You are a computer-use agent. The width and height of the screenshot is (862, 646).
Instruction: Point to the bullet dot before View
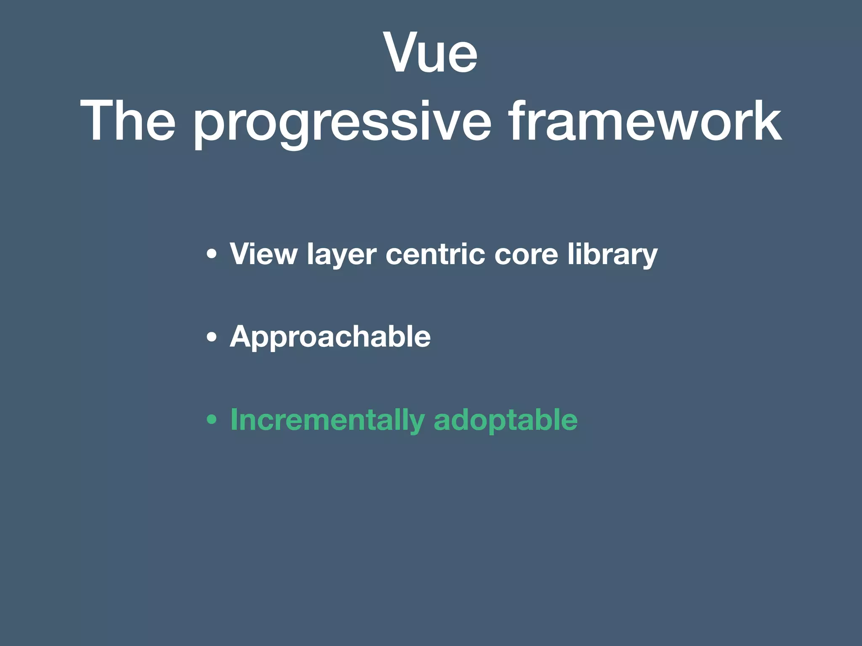(x=212, y=254)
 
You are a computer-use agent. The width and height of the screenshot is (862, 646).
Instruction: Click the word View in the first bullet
(x=263, y=254)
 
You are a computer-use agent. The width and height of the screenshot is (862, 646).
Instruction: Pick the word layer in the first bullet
(x=341, y=255)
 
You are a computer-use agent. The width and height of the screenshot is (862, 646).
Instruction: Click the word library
(x=612, y=255)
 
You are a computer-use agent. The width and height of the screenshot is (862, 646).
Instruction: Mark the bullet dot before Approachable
(x=212, y=337)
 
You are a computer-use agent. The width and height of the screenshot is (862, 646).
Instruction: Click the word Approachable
(x=330, y=337)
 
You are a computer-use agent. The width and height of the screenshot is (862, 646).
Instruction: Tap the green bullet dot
(x=212, y=420)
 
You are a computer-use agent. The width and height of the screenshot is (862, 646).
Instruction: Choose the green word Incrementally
(x=327, y=420)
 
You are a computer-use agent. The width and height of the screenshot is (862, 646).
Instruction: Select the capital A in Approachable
(x=242, y=336)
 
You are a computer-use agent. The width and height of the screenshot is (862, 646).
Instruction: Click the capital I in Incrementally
(x=234, y=419)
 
